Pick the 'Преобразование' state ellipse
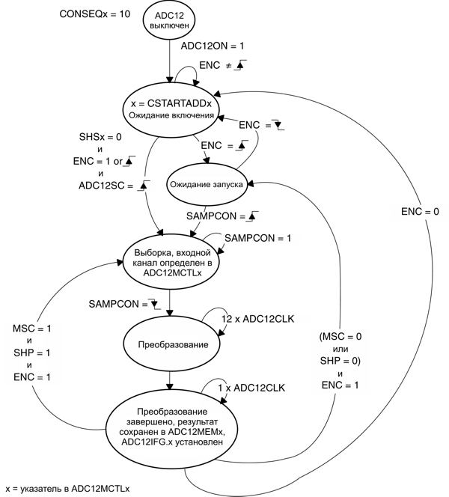point(171,345)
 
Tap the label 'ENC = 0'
point(421,212)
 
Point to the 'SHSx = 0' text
point(100,138)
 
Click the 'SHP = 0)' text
point(340,361)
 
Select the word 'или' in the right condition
point(341,348)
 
